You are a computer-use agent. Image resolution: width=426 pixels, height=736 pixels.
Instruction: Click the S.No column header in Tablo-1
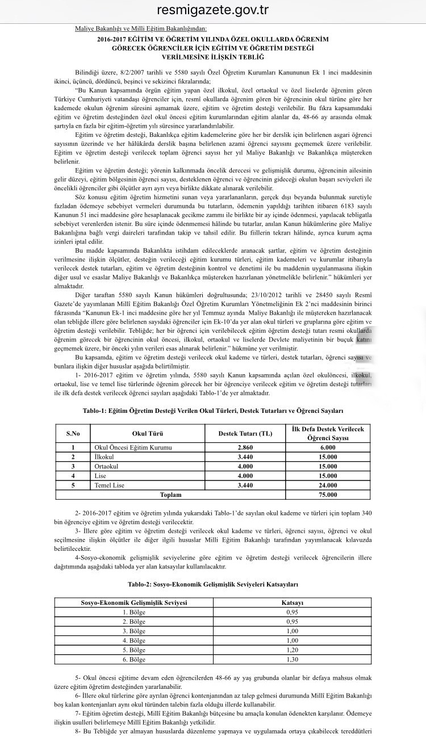click(x=73, y=433)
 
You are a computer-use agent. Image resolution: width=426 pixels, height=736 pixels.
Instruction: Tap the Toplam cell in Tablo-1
click(x=171, y=495)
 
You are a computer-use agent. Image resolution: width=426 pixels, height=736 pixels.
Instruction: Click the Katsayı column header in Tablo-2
click(x=293, y=602)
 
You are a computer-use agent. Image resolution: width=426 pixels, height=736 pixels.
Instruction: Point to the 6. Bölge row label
click(x=135, y=659)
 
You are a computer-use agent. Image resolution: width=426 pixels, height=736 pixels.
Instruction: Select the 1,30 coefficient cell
click(x=293, y=659)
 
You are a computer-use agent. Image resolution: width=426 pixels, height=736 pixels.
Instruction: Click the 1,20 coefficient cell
click(x=293, y=650)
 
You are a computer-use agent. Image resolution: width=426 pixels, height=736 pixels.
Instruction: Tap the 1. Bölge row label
click(x=135, y=612)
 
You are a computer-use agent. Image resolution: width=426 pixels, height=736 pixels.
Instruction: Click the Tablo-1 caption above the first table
click(x=213, y=410)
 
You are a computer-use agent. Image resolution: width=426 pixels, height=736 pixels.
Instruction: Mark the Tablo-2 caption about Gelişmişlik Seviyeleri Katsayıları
click(x=213, y=584)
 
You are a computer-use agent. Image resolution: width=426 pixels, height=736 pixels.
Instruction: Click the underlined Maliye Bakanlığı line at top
click(x=141, y=28)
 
